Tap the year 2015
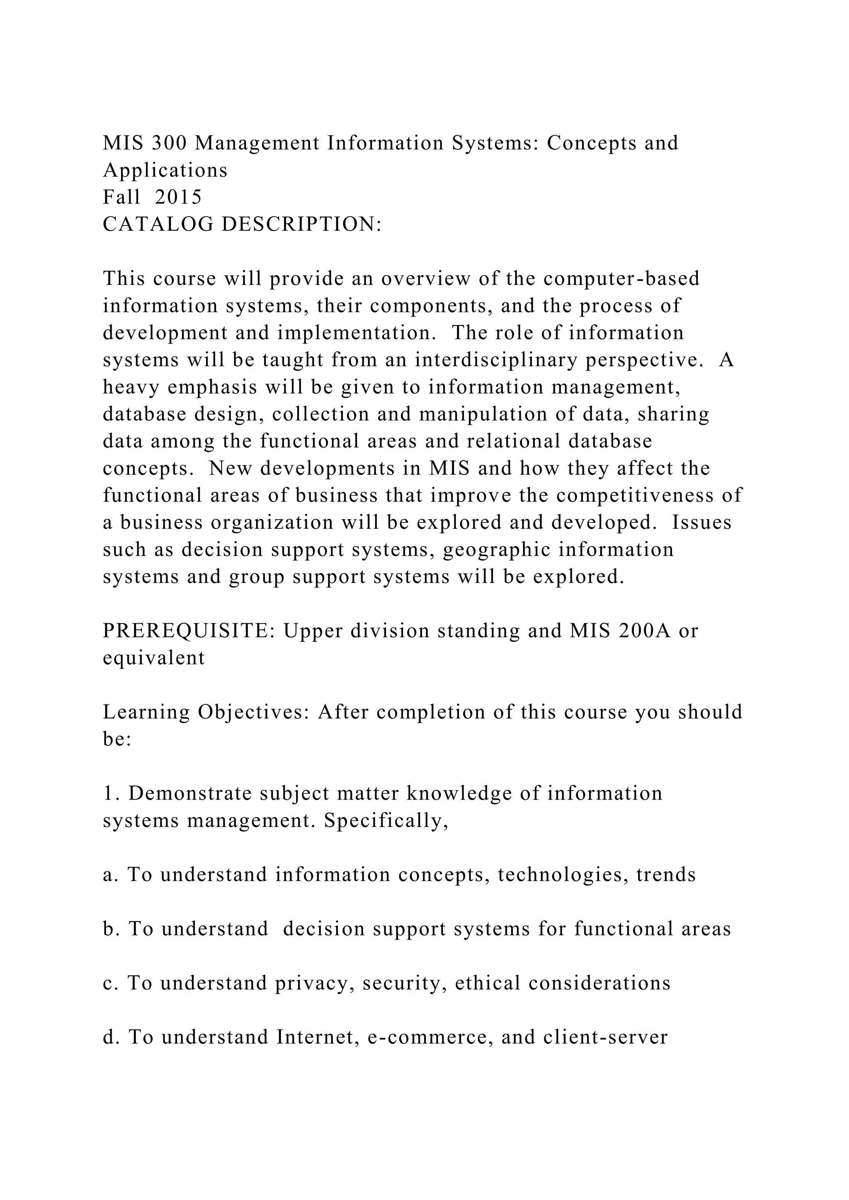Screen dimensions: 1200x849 [178, 197]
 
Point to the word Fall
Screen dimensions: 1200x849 [122, 197]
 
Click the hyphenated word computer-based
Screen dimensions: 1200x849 [621, 278]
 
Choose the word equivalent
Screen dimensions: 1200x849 [154, 658]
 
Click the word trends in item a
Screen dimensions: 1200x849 [666, 875]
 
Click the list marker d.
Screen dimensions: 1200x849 [109, 1038]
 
